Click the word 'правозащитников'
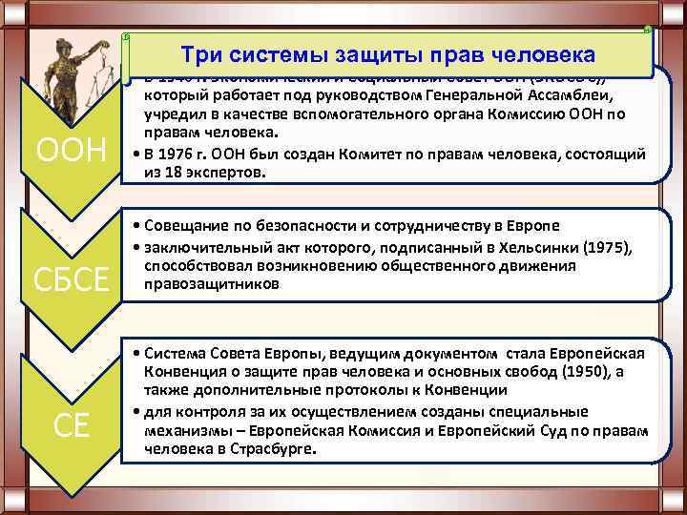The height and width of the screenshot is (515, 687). click(213, 283)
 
